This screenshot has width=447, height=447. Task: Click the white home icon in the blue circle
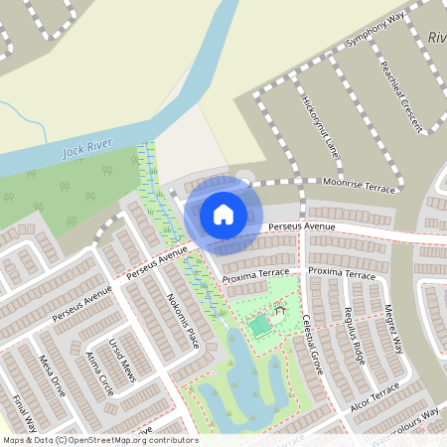(x=223, y=214)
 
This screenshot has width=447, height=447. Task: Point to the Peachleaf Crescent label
(x=400, y=95)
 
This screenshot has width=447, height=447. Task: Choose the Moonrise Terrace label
(x=360, y=184)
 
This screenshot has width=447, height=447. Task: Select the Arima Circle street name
(x=100, y=372)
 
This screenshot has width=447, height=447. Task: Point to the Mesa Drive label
(x=52, y=374)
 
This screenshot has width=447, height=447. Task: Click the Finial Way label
(x=22, y=409)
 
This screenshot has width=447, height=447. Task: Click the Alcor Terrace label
(x=373, y=397)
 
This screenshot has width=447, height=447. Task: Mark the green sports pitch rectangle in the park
(x=259, y=326)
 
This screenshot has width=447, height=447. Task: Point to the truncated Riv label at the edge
(x=437, y=38)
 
